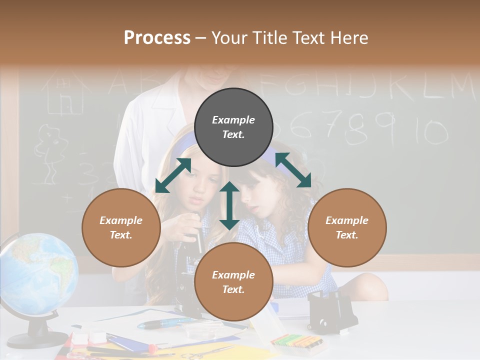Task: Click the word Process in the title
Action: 157,38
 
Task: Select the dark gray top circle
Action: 233,127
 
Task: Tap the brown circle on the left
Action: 121,228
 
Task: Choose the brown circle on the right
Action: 347,228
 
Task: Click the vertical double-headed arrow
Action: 229,205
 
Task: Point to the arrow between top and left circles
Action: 173,175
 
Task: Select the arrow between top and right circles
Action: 293,170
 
